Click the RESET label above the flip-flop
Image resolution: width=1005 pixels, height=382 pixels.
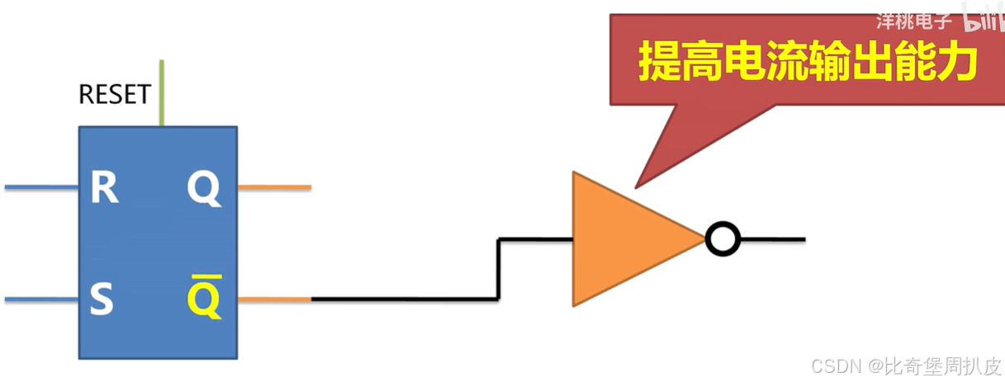pos(114,95)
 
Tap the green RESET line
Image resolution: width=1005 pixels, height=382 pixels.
pos(161,92)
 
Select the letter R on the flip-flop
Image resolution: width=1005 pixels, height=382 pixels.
pos(104,189)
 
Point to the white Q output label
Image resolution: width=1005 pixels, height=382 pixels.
pos(203,190)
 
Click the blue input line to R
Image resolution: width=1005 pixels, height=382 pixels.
pos(41,188)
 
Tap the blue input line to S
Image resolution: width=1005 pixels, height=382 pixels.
pos(41,299)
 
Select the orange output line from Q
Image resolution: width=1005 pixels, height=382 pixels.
pos(274,188)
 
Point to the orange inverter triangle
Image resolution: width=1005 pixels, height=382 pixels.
pos(623,239)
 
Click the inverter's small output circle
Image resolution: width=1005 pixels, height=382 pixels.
pos(723,240)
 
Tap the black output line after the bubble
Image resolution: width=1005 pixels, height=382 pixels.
pos(772,240)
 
